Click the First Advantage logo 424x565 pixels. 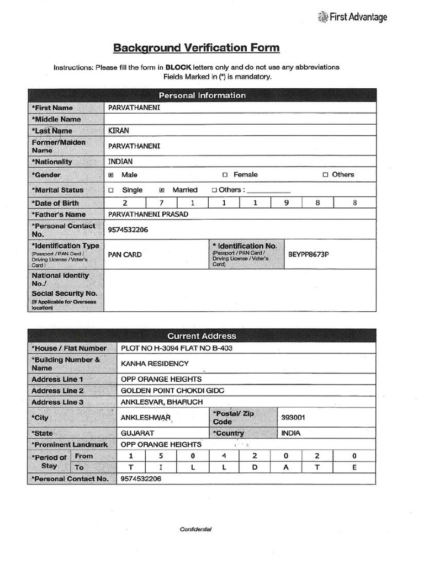(353, 17)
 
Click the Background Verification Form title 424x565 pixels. (197, 48)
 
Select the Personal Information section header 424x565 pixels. (202, 95)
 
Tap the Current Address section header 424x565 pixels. (202, 336)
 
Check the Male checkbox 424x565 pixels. (111, 175)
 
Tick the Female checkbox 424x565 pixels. (225, 175)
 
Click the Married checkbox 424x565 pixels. (162, 190)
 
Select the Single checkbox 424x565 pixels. (111, 190)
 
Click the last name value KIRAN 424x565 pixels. (118, 131)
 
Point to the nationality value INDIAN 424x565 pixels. (120, 162)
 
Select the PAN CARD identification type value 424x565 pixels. (125, 254)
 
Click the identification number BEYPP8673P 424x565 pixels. (312, 254)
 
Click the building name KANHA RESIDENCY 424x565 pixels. (155, 364)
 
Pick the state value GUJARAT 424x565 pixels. (137, 433)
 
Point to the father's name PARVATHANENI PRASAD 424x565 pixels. (145, 214)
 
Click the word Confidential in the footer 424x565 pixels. (195, 529)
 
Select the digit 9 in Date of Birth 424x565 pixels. (287, 203)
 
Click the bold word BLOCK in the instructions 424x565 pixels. (177, 67)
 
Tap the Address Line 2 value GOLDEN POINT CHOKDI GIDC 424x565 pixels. (172, 391)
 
